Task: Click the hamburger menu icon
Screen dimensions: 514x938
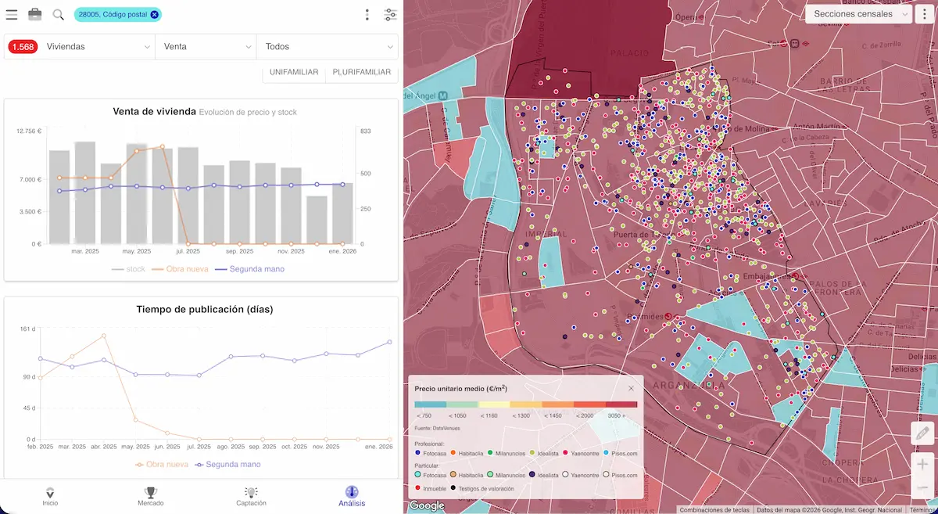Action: click(x=12, y=14)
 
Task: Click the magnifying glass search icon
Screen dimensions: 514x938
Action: click(x=58, y=14)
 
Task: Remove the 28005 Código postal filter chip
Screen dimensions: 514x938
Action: click(x=155, y=14)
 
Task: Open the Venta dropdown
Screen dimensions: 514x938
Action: click(x=206, y=47)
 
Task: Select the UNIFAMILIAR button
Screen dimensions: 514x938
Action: click(x=293, y=72)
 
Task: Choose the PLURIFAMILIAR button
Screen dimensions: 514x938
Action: click(x=361, y=72)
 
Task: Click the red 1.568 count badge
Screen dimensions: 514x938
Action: click(x=22, y=47)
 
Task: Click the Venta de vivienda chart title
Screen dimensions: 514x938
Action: click(x=154, y=112)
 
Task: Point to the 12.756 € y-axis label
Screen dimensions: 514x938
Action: click(x=29, y=131)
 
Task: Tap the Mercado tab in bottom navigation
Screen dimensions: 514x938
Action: click(x=150, y=496)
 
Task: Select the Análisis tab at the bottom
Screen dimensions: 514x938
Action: click(x=351, y=496)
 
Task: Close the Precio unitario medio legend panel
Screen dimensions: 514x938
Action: click(x=631, y=388)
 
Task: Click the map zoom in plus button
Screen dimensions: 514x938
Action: click(x=923, y=464)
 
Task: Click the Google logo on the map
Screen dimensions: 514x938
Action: click(x=427, y=505)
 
